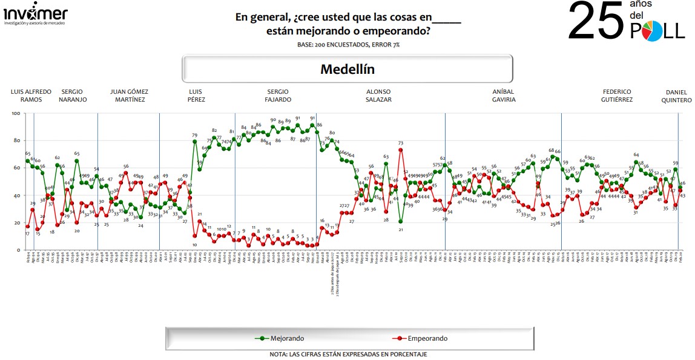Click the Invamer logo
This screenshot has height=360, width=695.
[36, 15]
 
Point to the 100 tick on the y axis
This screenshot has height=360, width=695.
[16, 114]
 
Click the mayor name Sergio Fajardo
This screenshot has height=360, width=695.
[278, 96]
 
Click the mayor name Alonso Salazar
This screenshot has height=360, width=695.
[378, 96]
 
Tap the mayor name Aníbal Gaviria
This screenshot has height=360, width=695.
[503, 96]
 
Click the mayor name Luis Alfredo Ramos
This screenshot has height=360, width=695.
[31, 96]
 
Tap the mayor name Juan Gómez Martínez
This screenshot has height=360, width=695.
[129, 96]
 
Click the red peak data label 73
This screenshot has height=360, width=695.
[401, 143]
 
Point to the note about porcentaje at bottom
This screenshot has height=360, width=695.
[348, 354]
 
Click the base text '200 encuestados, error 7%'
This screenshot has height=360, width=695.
[348, 45]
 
